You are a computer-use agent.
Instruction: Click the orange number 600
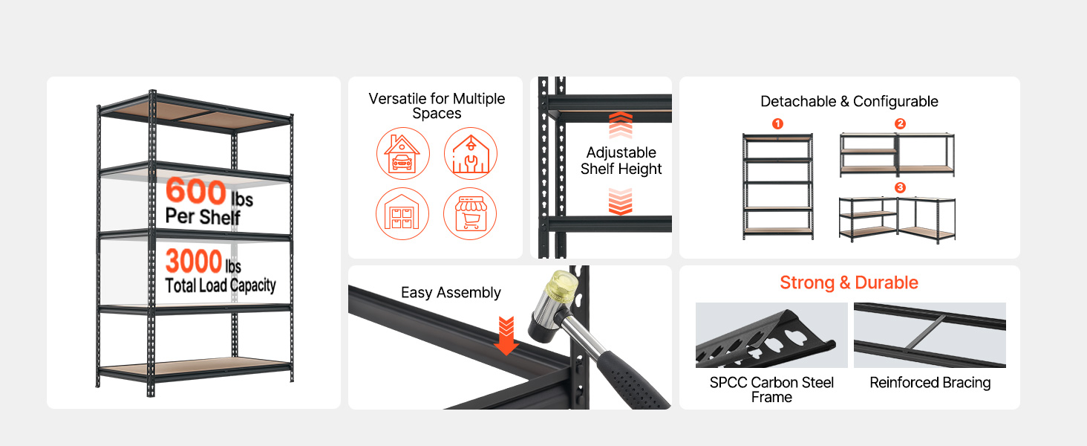[196, 190]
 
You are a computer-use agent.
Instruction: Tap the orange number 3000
[194, 261]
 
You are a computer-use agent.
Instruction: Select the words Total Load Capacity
[221, 285]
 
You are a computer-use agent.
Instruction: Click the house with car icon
[402, 154]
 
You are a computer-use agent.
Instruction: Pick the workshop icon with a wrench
[470, 154]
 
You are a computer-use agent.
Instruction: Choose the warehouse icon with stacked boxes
[402, 214]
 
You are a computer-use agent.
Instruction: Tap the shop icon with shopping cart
[470, 214]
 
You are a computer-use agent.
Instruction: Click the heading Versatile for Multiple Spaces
[437, 106]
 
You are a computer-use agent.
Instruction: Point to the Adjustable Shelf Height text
[621, 161]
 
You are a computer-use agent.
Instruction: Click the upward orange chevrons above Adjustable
[621, 125]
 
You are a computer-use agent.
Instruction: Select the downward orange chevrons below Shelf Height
[621, 201]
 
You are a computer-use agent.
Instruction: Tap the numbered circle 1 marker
[777, 124]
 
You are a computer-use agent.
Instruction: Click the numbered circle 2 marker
[900, 124]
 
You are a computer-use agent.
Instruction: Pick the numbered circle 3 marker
[900, 187]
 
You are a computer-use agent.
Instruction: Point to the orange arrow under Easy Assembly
[506, 336]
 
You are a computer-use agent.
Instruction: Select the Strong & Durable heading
[849, 282]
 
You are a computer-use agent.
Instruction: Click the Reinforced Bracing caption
[930, 383]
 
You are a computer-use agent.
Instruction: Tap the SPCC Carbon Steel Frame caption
[771, 390]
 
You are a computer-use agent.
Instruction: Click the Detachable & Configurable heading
[849, 101]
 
